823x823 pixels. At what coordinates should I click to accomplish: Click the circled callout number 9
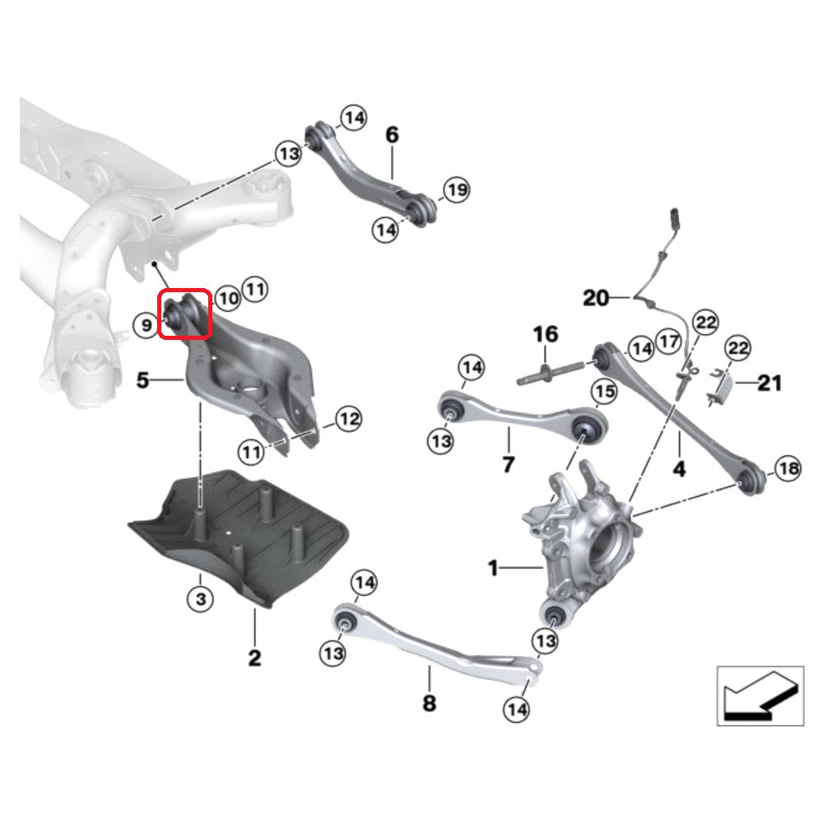click(x=145, y=326)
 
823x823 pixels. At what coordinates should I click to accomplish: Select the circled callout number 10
click(x=228, y=297)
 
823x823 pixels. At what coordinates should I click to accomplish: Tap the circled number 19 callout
click(x=456, y=191)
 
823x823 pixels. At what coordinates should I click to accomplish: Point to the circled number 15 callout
click(x=603, y=392)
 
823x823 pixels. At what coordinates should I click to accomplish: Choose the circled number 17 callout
click(x=668, y=340)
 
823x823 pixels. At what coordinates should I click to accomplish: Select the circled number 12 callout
click(x=349, y=420)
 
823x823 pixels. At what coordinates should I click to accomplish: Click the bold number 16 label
click(x=545, y=334)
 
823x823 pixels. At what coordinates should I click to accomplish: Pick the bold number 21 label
click(x=770, y=383)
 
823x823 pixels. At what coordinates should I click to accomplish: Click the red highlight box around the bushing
click(x=185, y=314)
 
